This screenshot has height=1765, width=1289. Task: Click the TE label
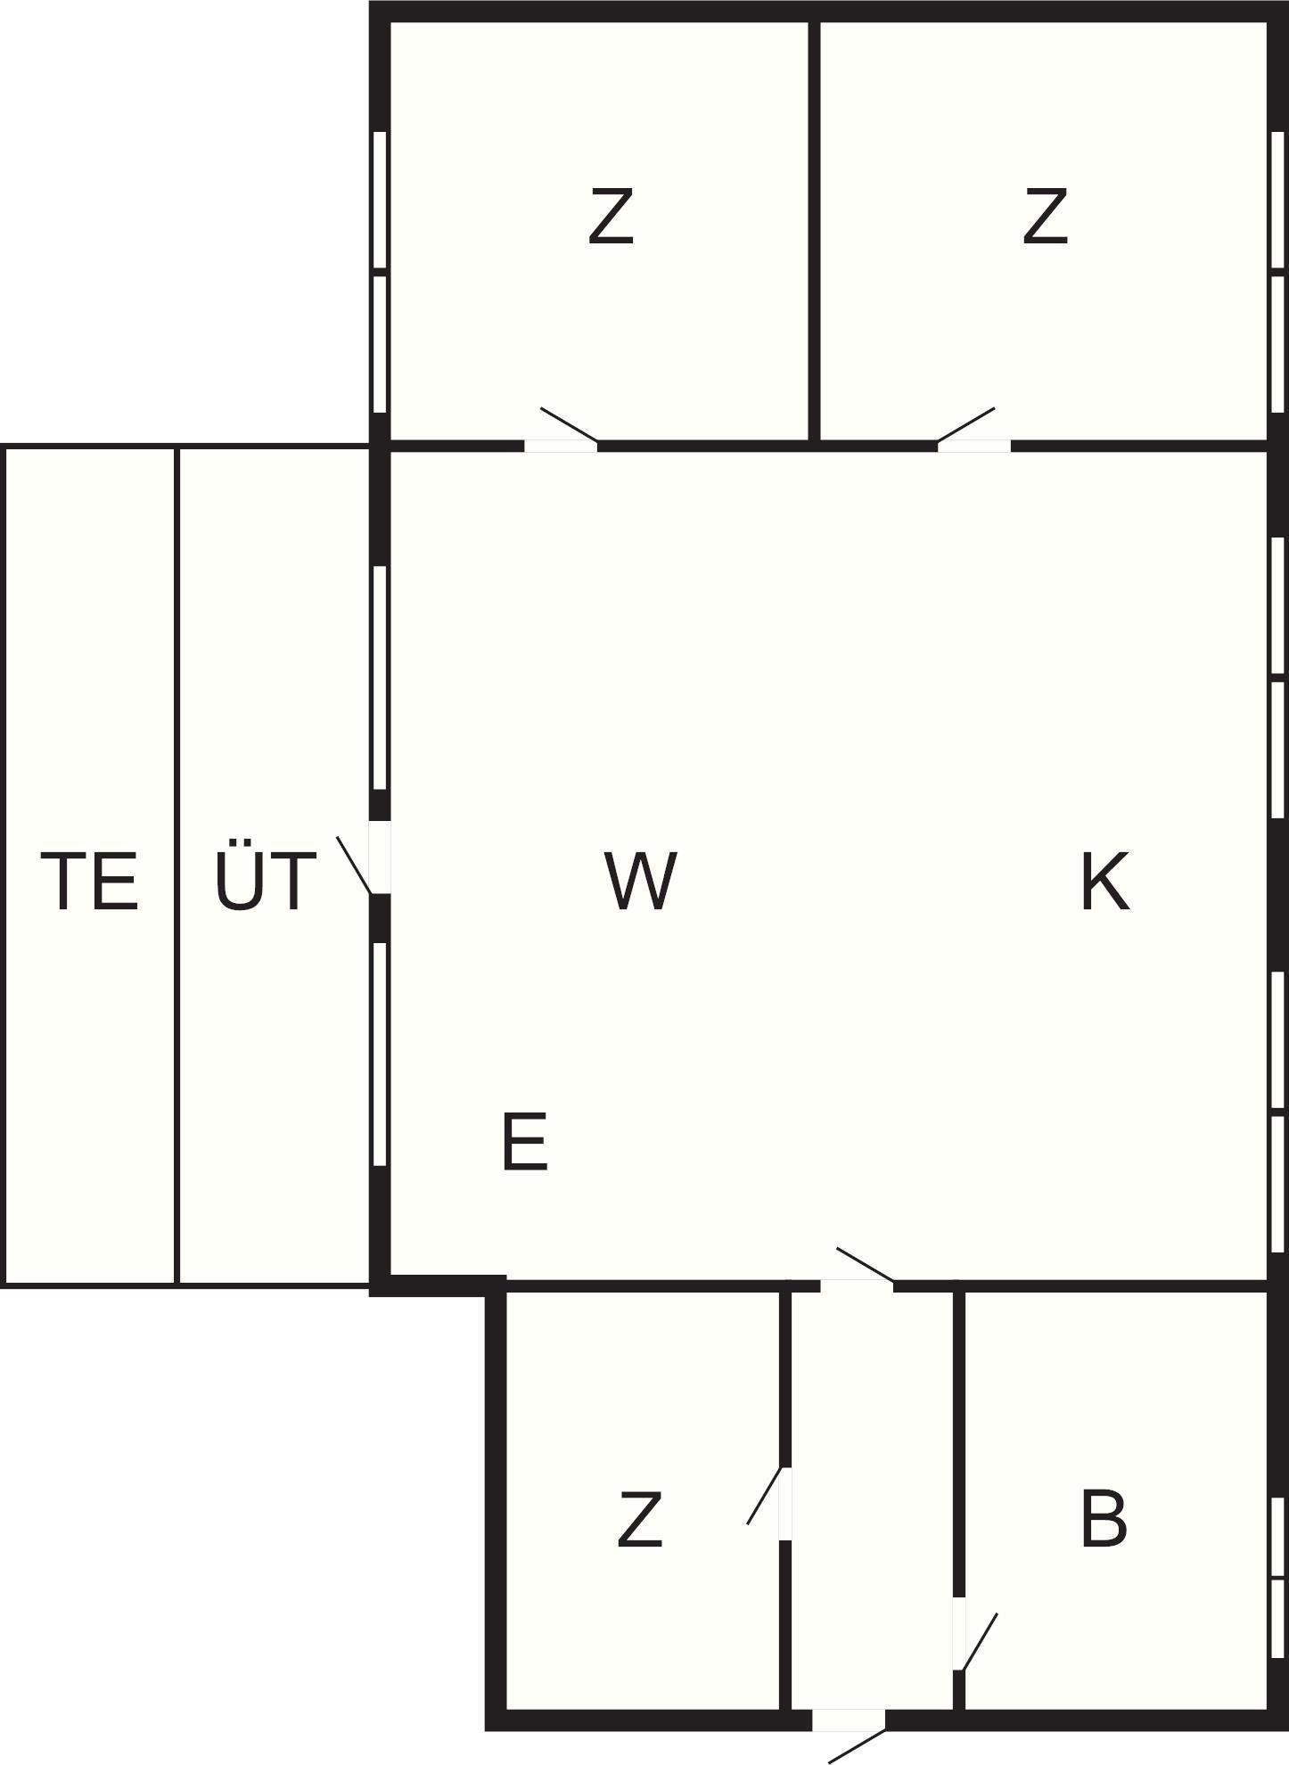tap(90, 881)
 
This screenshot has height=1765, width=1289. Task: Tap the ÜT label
tap(265, 881)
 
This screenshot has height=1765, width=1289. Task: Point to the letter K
tap(1104, 881)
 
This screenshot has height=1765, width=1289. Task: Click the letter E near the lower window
tap(524, 1142)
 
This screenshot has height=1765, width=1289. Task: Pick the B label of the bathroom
tap(1103, 1519)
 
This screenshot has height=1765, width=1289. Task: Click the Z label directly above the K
tap(1045, 216)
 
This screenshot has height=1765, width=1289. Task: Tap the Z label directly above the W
tap(612, 216)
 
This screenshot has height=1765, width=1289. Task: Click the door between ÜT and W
tap(379, 858)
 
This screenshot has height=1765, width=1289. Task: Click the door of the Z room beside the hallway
tap(784, 1503)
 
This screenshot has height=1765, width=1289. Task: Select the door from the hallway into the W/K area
tap(857, 1285)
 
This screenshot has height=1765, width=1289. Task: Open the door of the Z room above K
tap(974, 445)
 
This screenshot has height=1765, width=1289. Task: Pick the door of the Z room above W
tap(561, 445)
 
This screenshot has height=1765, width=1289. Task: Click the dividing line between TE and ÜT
tap(177, 865)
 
